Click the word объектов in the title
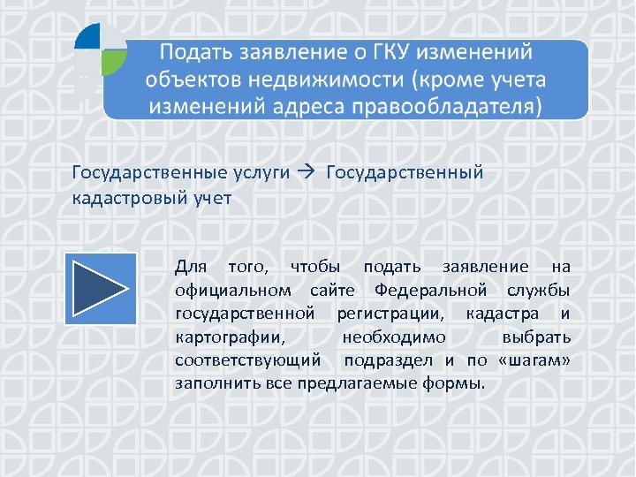tap(188, 80)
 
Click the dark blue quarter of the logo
tap(88, 36)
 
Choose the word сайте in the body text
tap(333, 290)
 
